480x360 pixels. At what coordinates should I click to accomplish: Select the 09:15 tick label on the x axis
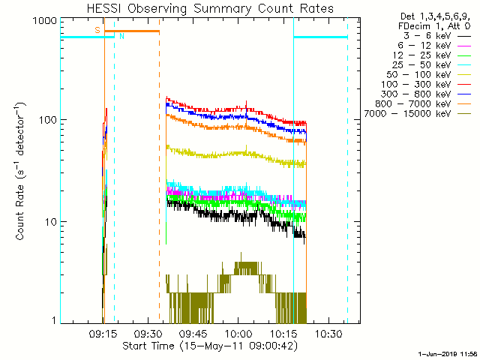103,333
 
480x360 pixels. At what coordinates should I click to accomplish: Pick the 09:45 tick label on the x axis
193,333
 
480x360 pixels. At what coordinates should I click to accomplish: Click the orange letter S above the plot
97,30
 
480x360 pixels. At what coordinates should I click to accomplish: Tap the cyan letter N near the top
121,36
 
